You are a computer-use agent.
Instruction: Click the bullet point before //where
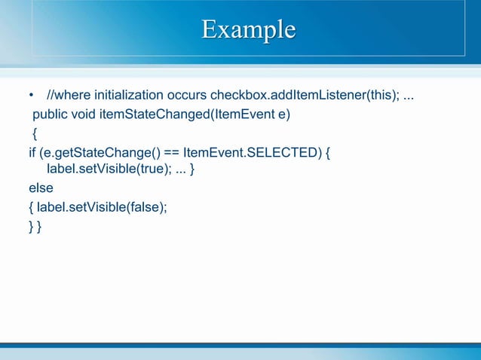(x=31, y=96)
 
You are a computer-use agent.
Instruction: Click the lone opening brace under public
(x=34, y=134)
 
